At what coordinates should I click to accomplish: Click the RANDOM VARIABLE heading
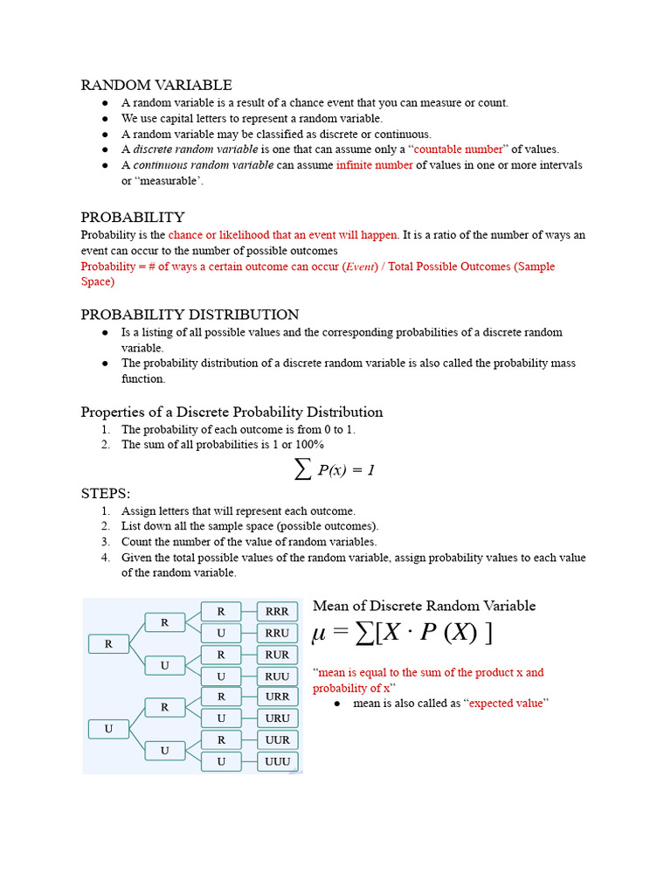[x=156, y=85]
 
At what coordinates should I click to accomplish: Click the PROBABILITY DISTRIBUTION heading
[x=190, y=315]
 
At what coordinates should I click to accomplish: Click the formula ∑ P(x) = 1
[x=335, y=470]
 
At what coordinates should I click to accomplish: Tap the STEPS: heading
[x=105, y=494]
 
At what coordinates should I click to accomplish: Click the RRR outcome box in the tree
[x=277, y=612]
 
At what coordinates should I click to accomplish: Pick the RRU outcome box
[x=277, y=633]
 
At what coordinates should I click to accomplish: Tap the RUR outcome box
[x=277, y=655]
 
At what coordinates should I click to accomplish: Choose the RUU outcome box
[x=277, y=676]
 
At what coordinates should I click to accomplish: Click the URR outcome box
[x=277, y=697]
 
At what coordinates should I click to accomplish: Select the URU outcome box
[x=277, y=718]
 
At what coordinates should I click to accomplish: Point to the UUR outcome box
[x=277, y=739]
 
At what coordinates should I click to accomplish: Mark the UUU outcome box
[x=277, y=761]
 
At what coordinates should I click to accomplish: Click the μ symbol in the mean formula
[x=321, y=635]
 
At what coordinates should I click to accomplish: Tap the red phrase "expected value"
[x=508, y=703]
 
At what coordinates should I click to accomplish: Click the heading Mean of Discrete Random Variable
[x=424, y=606]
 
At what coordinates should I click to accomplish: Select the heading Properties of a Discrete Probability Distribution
[x=232, y=412]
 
